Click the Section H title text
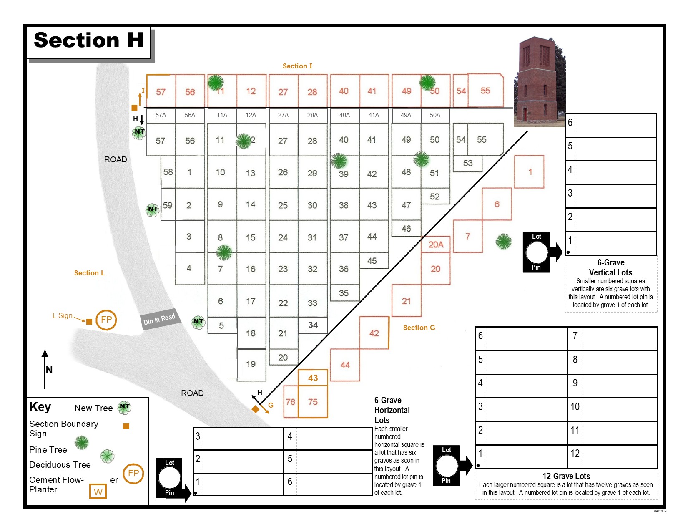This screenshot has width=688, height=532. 88,40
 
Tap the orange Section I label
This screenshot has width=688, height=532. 297,66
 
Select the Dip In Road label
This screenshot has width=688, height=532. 159,320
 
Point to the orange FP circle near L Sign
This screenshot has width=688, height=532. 106,320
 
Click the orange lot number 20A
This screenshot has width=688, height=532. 436,245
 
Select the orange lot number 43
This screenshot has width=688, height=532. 313,378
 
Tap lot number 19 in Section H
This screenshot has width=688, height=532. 251,364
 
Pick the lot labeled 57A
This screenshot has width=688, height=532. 161,115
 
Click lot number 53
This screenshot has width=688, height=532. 468,163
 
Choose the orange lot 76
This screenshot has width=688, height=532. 290,402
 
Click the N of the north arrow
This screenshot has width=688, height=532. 49,370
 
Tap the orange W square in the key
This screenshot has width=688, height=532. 98,492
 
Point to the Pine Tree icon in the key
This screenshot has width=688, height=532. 81,442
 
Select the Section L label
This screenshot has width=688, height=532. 89,273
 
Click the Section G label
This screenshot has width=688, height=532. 419,328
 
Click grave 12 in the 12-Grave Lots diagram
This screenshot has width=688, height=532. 575,454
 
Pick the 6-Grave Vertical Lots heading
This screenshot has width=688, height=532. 610,267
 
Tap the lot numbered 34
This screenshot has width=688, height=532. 313,325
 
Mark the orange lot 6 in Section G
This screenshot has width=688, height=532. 497,204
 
